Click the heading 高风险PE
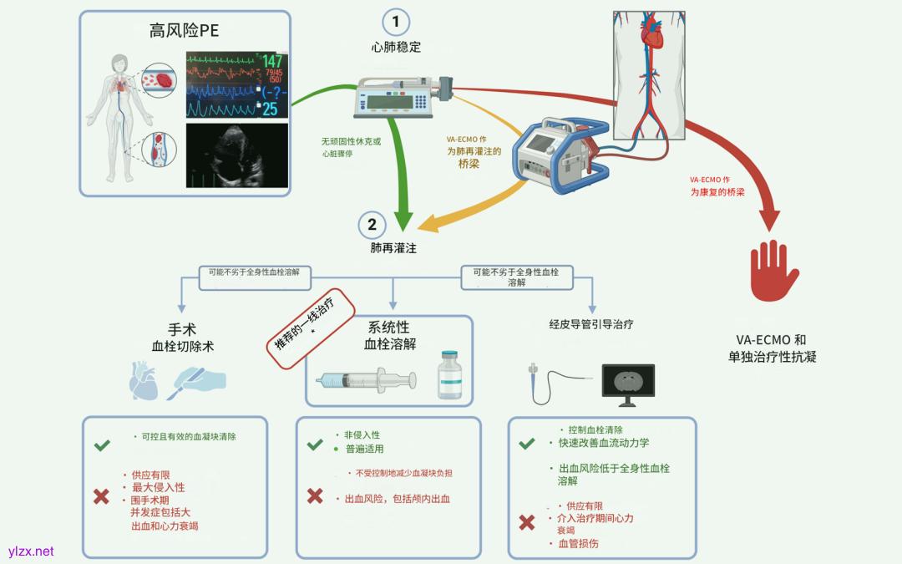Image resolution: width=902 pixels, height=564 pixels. point(185,32)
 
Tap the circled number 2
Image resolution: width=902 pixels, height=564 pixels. point(372,225)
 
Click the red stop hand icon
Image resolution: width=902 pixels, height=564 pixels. point(774,271)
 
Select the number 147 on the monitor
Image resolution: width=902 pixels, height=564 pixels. point(272,62)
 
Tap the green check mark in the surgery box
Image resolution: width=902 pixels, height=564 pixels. point(102,446)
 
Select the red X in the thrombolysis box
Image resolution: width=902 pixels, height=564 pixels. point(315,495)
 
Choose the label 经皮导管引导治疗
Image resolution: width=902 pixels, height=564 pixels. point(590,323)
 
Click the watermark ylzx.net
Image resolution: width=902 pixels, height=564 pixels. point(30,551)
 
